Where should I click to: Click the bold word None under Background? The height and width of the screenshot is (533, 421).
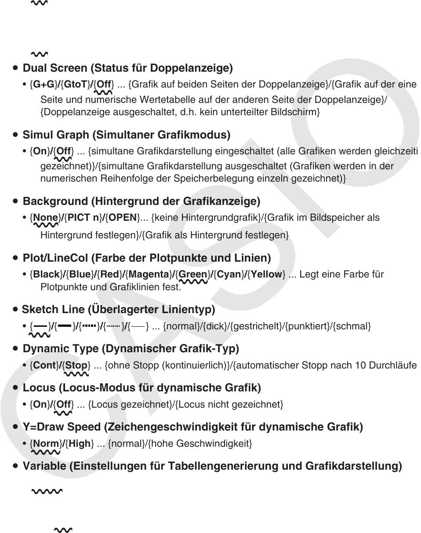(x=46, y=218)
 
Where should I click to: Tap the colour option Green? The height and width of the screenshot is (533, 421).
(x=192, y=274)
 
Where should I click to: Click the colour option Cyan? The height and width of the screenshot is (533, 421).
(x=229, y=274)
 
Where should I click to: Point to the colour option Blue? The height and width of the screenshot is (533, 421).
(x=80, y=274)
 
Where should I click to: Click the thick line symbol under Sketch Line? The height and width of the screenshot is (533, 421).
(x=65, y=326)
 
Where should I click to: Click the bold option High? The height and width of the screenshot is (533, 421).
(x=80, y=444)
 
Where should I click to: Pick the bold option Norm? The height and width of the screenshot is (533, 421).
(x=46, y=444)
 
